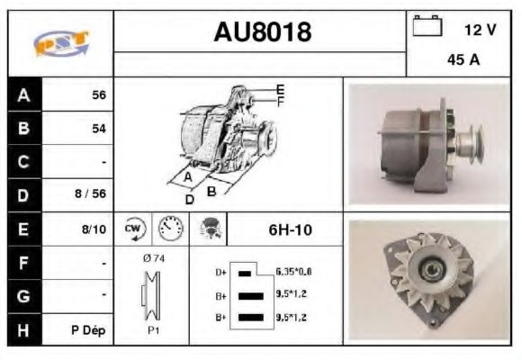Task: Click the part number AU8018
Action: pyautogui.click(x=262, y=32)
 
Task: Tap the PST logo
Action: pyautogui.click(x=60, y=43)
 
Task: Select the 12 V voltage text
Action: pyautogui.click(x=479, y=30)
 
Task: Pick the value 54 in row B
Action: pyautogui.click(x=98, y=129)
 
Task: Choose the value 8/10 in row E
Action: pyautogui.click(x=94, y=229)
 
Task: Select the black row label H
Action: pyautogui.click(x=23, y=329)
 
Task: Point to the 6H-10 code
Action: pyautogui.click(x=290, y=229)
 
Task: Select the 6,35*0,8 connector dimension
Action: pyautogui.click(x=293, y=271)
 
